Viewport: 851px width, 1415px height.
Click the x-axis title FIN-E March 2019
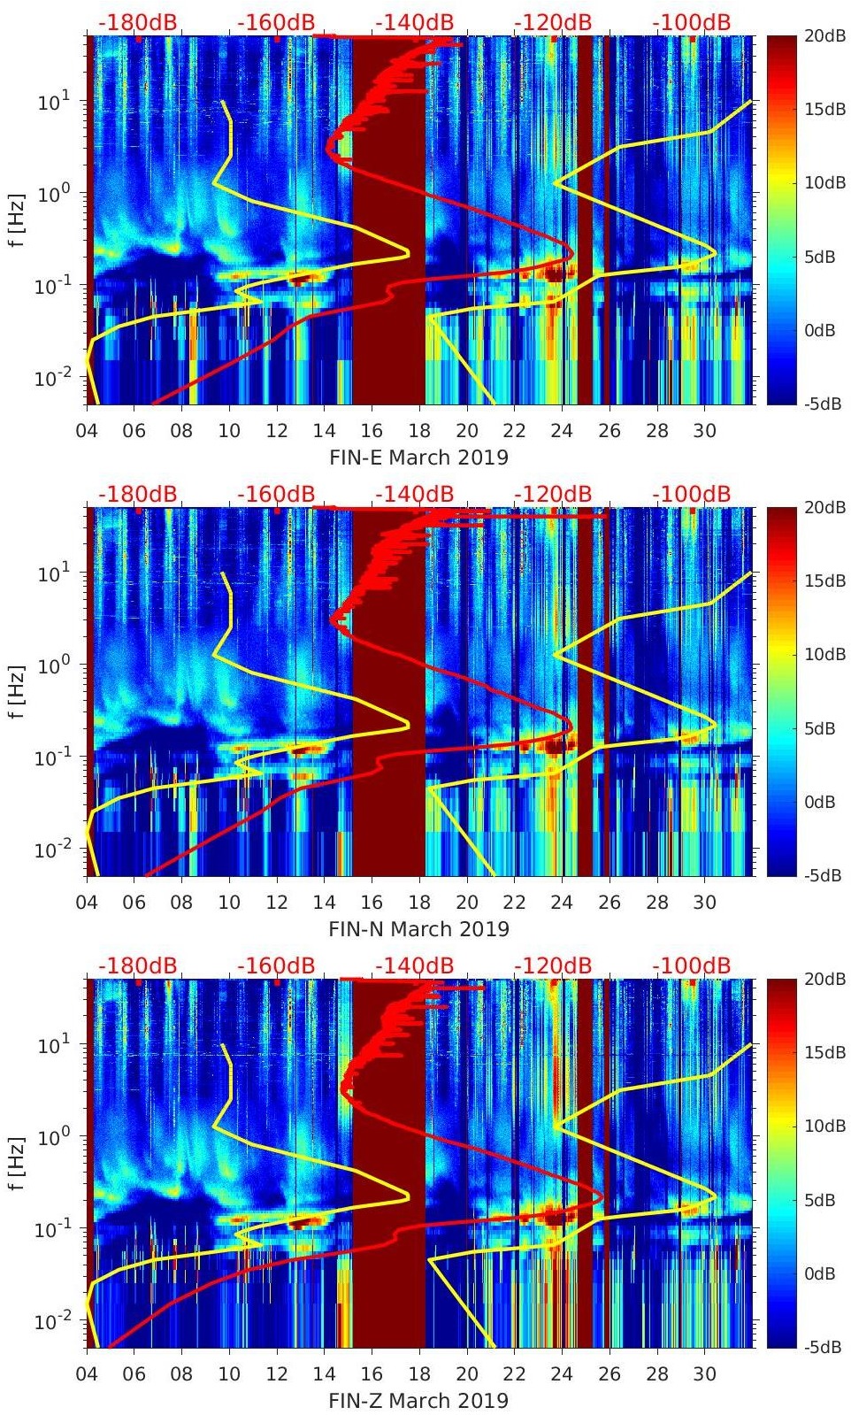418,458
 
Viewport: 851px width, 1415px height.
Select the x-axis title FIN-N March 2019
418,929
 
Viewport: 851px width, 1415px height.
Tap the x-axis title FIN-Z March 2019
418,1401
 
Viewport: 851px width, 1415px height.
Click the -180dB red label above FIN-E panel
137,22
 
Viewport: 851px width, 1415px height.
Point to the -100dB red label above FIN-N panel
692,494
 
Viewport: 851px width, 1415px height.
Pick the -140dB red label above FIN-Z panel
414,965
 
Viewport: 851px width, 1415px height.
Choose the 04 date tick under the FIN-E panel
87,431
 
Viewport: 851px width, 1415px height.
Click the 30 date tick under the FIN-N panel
704,903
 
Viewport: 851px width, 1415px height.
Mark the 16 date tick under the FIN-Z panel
372,1374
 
